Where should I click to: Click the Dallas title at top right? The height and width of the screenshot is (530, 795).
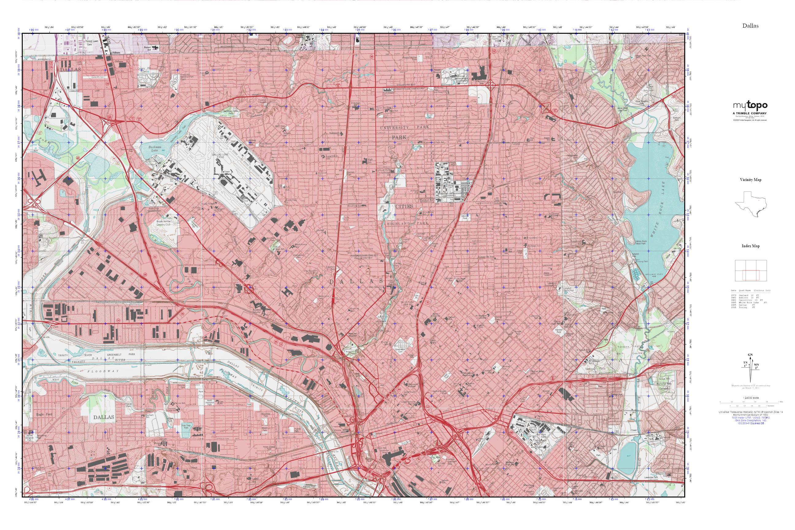tap(751, 26)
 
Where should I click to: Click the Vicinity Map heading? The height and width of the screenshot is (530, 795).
tap(751, 180)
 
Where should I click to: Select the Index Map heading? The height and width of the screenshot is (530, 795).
tap(751, 246)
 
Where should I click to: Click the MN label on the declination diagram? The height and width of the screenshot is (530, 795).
tap(757, 365)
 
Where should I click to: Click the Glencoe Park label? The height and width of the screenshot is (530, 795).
tap(466, 217)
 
